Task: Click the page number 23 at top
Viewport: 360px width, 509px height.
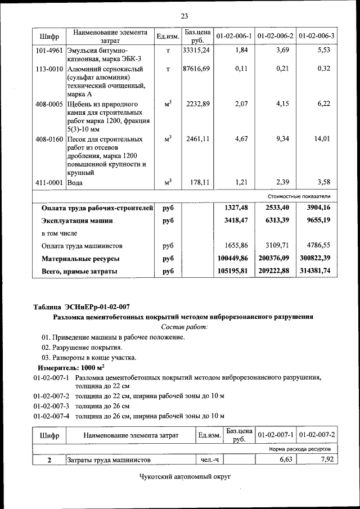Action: point(184,15)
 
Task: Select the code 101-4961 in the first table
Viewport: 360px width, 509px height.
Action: point(49,50)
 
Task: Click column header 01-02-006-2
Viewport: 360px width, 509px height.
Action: point(275,36)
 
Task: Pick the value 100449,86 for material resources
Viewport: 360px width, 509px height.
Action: point(232,258)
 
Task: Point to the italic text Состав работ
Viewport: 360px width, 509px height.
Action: point(184,327)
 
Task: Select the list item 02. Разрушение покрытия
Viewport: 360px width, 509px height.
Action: point(82,347)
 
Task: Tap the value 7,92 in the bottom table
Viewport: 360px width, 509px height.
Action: point(325,460)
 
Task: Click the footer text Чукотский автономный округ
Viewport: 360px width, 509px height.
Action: point(185,477)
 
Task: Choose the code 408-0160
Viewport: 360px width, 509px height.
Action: point(49,138)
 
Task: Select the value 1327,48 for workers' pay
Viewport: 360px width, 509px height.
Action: point(236,208)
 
